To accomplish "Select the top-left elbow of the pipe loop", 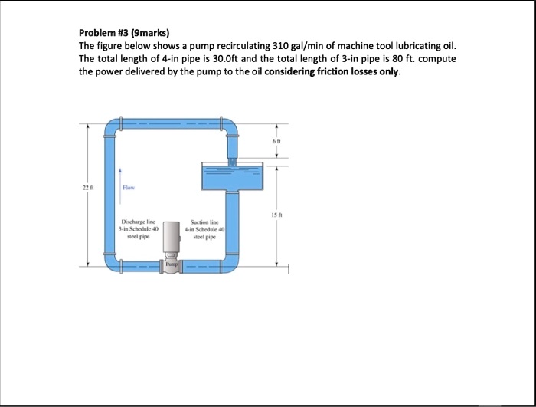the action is (x=113, y=125).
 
